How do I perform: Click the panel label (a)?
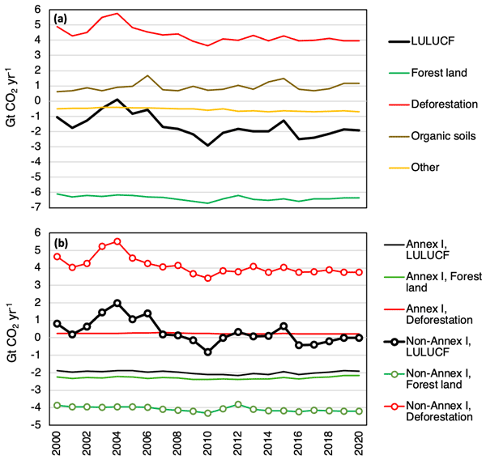pos(65,16)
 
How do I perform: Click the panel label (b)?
pos(65,242)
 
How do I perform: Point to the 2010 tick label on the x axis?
pos(208,441)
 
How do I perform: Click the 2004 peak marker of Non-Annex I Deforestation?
pos(117,241)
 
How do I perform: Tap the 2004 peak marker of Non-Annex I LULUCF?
pos(117,303)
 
